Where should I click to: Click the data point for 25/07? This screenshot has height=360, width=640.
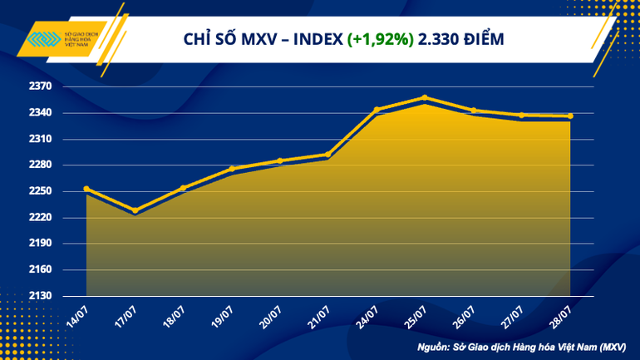tap(425, 98)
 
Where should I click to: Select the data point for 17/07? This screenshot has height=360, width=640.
tap(135, 210)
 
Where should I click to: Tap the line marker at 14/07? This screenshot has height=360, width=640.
tap(86, 189)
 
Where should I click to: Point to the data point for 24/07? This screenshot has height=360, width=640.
tap(377, 109)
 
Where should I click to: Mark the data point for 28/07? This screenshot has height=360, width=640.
tap(570, 116)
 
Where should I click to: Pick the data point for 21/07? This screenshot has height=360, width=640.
tap(328, 155)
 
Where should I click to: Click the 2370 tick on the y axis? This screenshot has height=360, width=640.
tap(41, 86)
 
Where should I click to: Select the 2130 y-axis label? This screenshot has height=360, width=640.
tap(41, 296)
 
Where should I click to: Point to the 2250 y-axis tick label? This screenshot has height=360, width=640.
tap(41, 191)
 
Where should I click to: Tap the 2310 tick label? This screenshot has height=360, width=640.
tap(41, 139)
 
